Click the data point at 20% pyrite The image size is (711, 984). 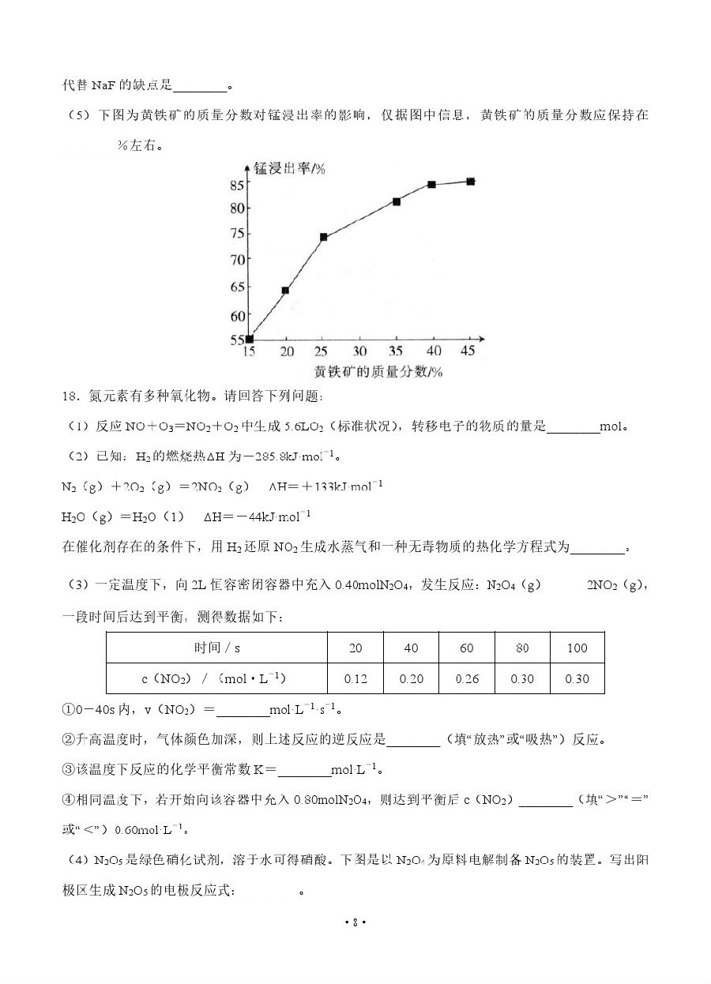tap(285, 290)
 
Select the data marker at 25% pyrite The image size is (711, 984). tap(324, 237)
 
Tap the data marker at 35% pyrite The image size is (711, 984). tap(397, 201)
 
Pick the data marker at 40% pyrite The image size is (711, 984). tap(432, 184)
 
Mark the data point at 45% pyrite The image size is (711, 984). tap(470, 181)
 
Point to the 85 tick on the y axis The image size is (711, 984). tap(236, 185)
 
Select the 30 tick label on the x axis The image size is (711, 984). tap(359, 351)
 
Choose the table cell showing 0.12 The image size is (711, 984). tap(355, 678)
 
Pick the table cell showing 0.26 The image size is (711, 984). tap(466, 678)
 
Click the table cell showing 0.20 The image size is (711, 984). tap(411, 678)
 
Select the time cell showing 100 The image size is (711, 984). tap(577, 648)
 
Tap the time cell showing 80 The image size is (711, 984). tap(522, 648)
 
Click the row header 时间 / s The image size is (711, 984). tap(216, 648)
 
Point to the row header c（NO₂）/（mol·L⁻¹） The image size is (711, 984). tap(216, 678)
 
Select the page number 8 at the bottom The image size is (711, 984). tap(355, 922)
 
